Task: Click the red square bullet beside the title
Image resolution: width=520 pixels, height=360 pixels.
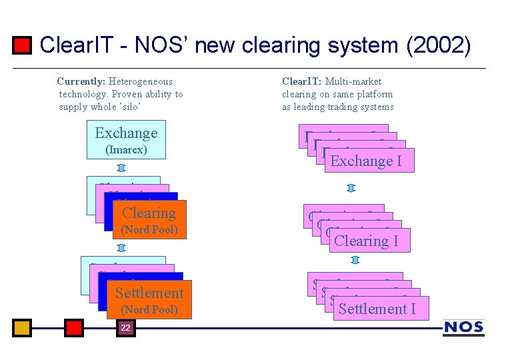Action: point(23,45)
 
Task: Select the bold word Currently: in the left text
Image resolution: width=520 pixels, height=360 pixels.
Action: point(81,81)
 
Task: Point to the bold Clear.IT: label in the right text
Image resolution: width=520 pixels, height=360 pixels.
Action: point(302,81)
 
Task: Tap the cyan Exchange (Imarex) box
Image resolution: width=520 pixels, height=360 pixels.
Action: point(126,139)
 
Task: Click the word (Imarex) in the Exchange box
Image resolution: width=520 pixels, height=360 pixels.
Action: point(126,150)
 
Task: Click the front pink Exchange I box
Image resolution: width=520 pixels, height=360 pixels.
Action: point(369,161)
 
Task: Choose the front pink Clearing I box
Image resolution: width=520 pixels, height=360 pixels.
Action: point(369,241)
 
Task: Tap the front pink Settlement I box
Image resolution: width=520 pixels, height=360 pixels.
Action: point(377,309)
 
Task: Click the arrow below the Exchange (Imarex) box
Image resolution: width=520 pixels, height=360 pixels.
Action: point(121,167)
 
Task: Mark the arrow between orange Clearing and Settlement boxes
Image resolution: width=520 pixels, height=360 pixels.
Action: point(121,247)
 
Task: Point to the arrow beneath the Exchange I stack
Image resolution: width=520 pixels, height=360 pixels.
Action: point(351,188)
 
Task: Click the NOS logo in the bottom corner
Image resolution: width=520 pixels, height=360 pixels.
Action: point(463,327)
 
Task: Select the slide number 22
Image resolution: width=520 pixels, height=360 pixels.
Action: point(125,327)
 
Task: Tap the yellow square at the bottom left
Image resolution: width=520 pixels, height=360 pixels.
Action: point(22,327)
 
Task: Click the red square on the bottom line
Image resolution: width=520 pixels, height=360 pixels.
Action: point(74,327)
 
